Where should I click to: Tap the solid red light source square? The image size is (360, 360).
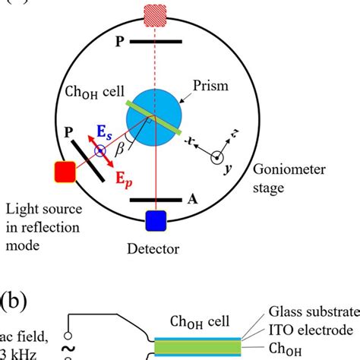(63, 172)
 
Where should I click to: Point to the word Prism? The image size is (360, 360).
(209, 86)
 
